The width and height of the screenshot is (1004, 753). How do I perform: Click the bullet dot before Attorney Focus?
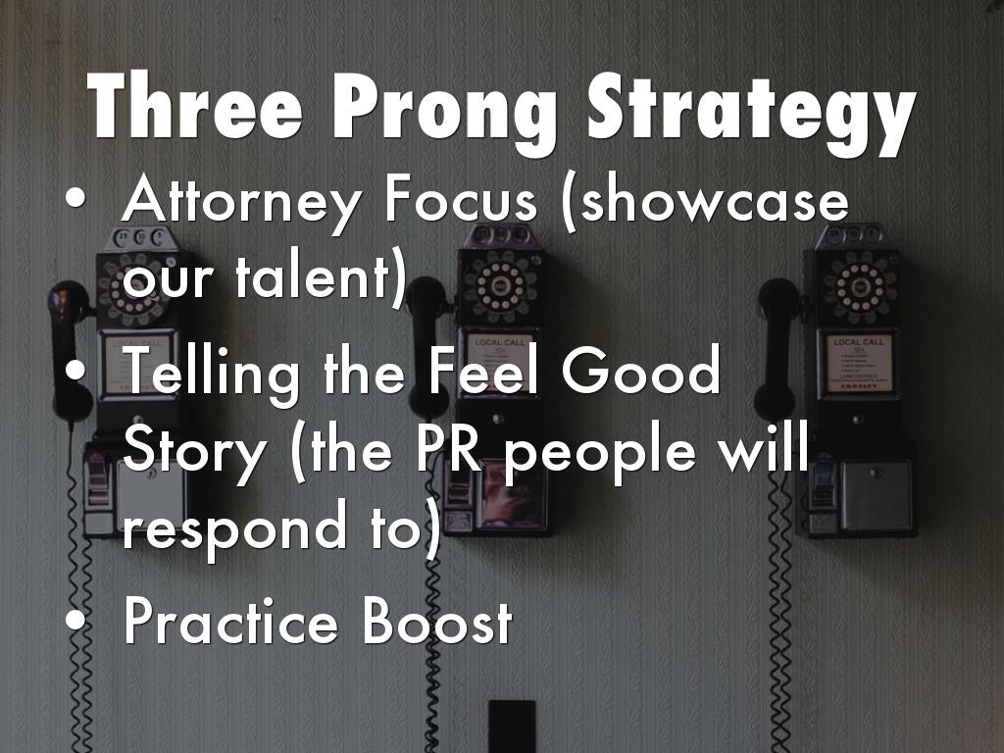click(x=75, y=202)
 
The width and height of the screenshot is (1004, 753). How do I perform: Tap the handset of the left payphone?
click(x=70, y=343)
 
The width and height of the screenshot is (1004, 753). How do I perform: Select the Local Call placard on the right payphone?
click(x=859, y=362)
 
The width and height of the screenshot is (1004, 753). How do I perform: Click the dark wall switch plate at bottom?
click(x=512, y=727)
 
